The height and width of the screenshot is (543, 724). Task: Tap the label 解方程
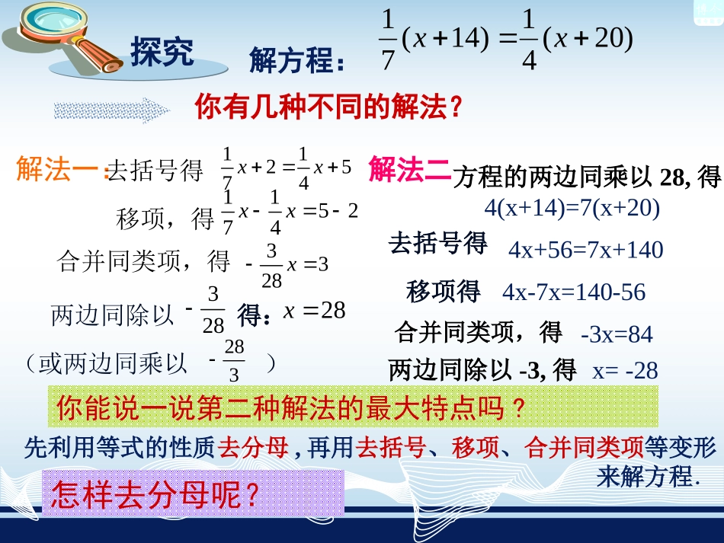pyautogui.click(x=296, y=61)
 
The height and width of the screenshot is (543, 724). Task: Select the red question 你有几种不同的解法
pyautogui.click(x=329, y=107)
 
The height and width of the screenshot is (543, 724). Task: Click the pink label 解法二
pyautogui.click(x=408, y=169)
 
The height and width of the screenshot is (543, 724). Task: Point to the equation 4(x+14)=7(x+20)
pyautogui.click(x=572, y=207)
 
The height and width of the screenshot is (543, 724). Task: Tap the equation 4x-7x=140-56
pyautogui.click(x=573, y=292)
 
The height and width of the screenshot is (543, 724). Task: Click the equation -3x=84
pyautogui.click(x=616, y=334)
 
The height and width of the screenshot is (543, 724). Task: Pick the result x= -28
pyautogui.click(x=625, y=371)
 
